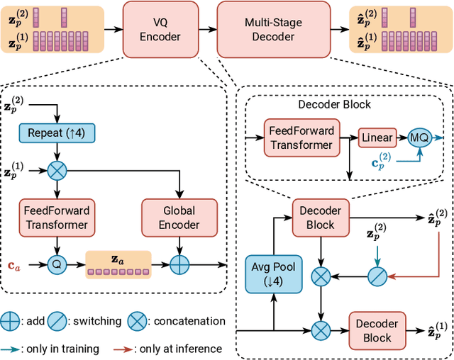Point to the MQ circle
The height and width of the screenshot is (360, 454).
click(x=419, y=139)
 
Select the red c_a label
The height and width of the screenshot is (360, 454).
click(x=13, y=266)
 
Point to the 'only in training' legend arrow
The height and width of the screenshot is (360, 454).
click(x=13, y=349)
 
